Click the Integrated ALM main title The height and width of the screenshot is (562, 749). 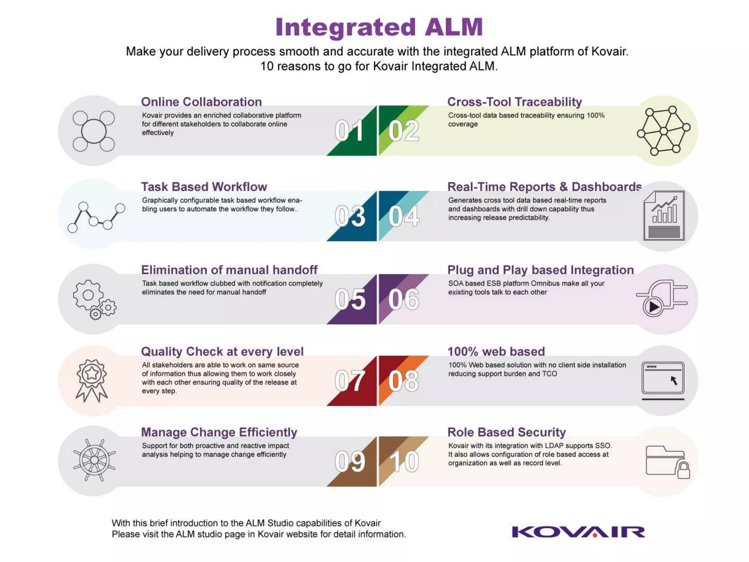(x=379, y=27)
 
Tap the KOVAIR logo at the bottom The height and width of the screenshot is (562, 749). (x=578, y=532)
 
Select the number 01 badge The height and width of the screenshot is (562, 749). (x=349, y=131)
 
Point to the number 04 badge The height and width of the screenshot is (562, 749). (x=404, y=216)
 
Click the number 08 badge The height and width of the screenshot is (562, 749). (x=404, y=381)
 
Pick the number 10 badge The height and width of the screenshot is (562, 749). (x=404, y=461)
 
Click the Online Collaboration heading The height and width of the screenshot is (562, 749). (x=202, y=102)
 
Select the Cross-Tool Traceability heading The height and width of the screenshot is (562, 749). (x=514, y=102)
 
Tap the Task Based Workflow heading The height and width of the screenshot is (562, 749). (x=204, y=187)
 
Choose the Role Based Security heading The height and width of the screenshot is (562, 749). (x=507, y=432)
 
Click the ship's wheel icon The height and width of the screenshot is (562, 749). (x=94, y=460)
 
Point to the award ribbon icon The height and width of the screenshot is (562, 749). (x=91, y=381)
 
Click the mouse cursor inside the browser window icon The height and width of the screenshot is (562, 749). (x=674, y=381)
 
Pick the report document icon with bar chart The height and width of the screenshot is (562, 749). (x=664, y=216)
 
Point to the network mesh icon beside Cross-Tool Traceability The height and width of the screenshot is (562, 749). (x=663, y=131)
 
